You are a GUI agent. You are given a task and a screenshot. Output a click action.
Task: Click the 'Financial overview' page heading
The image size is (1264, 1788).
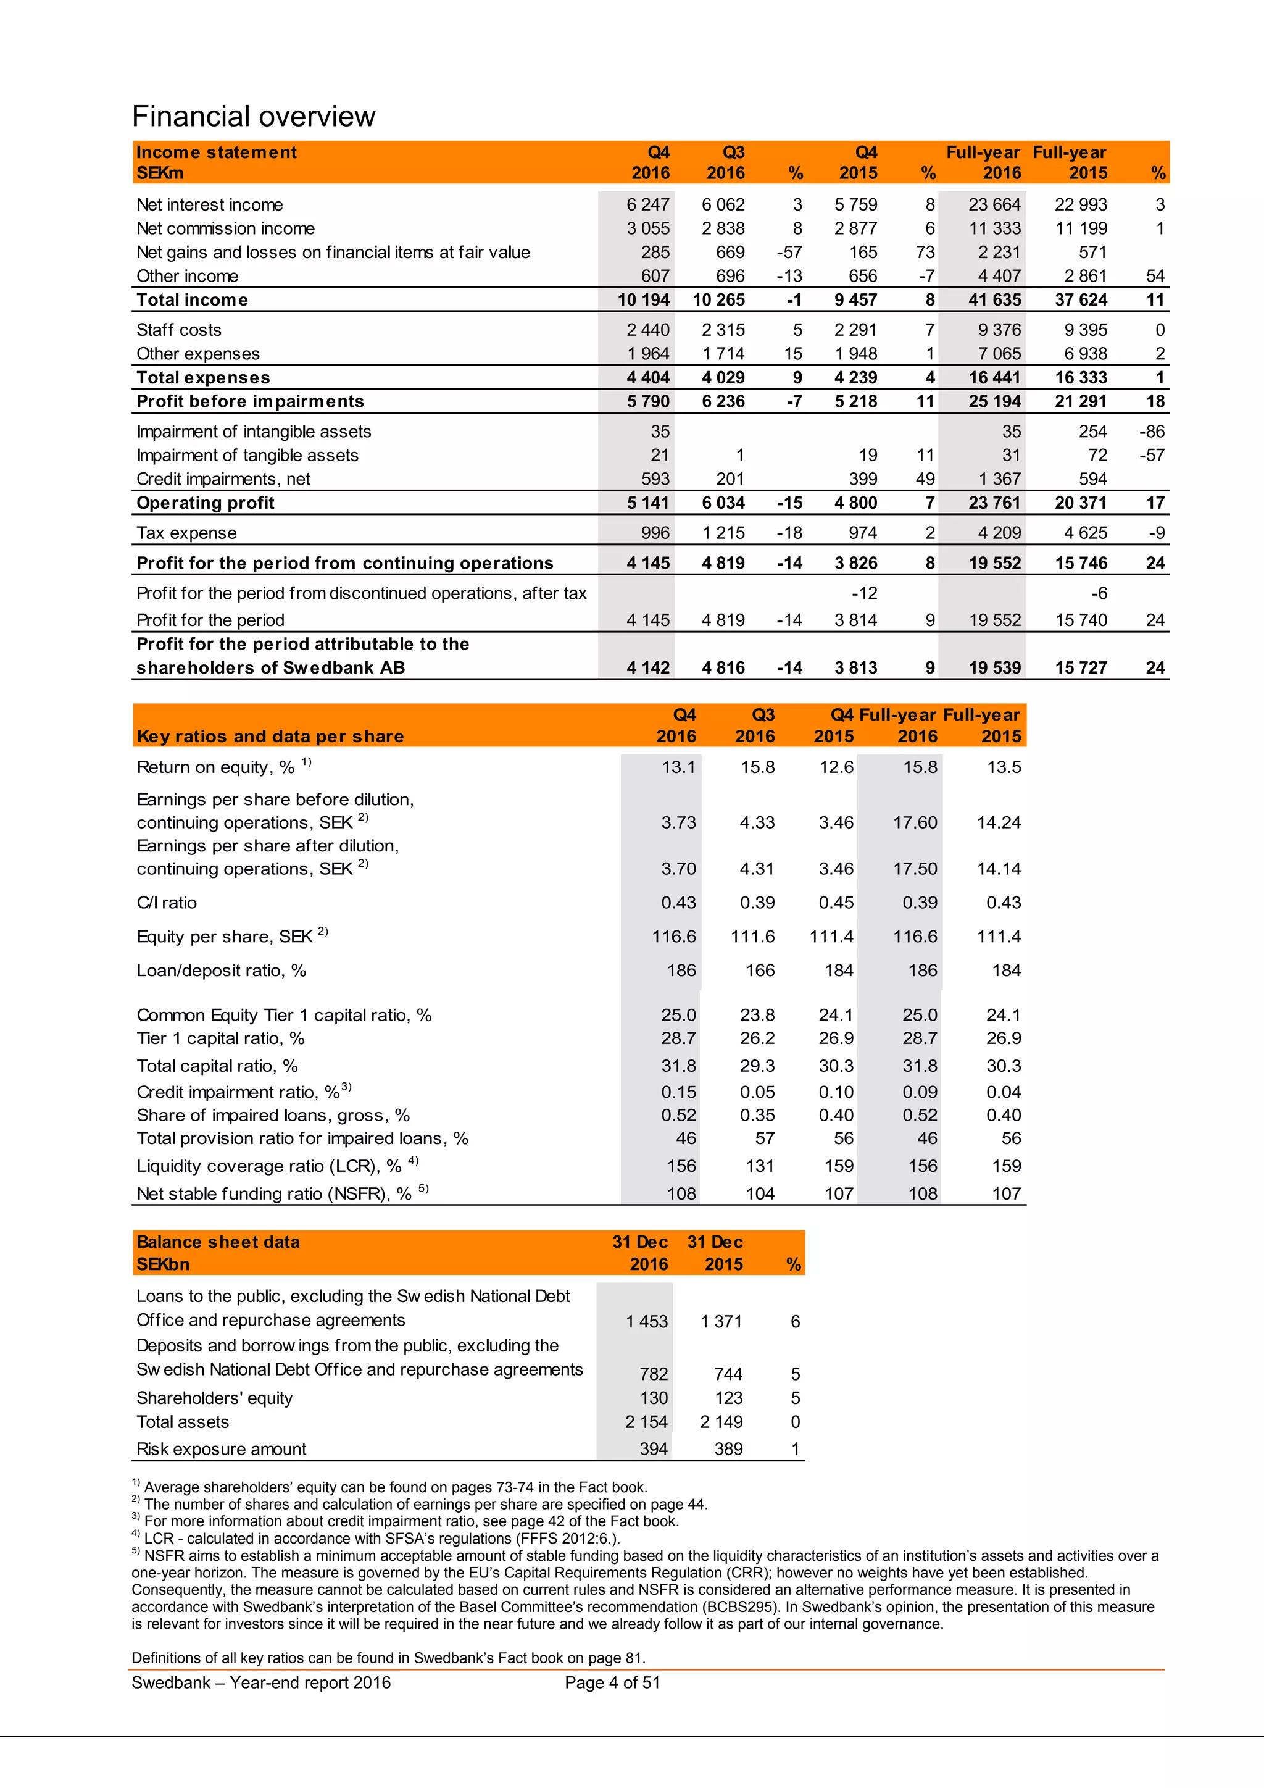coord(254,117)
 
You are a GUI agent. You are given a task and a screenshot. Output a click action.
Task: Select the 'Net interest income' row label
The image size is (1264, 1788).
coord(209,205)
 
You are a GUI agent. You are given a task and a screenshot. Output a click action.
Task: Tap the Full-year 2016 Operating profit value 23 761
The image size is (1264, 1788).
coord(994,503)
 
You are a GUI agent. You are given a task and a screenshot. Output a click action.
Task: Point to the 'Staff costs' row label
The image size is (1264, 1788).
coord(179,330)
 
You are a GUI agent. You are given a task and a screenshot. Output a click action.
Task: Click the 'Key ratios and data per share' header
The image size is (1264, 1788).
coord(270,737)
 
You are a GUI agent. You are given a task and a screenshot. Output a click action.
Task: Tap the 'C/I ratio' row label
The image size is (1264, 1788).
coord(167,903)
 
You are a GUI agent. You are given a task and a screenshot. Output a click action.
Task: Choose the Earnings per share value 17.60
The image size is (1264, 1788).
coord(915,822)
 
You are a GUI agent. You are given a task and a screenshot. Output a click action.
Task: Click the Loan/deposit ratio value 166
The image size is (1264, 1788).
coord(760,971)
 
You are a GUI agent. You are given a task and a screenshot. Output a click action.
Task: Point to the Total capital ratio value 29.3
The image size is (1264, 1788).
coord(757,1066)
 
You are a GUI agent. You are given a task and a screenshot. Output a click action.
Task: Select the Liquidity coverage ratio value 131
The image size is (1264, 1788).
coord(760,1166)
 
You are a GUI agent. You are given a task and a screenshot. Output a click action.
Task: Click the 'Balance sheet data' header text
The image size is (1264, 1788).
coord(218,1242)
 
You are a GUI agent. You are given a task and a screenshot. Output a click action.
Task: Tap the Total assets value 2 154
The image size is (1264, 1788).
coord(646,1422)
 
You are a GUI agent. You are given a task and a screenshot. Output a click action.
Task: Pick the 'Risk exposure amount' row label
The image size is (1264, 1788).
coord(221,1449)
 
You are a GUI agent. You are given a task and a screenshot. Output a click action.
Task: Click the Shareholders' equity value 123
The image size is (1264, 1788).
coord(728,1398)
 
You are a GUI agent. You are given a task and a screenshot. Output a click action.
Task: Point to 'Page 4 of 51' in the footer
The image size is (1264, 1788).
coord(612,1683)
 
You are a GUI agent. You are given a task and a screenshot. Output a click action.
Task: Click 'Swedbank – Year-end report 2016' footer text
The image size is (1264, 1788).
coord(260,1683)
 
